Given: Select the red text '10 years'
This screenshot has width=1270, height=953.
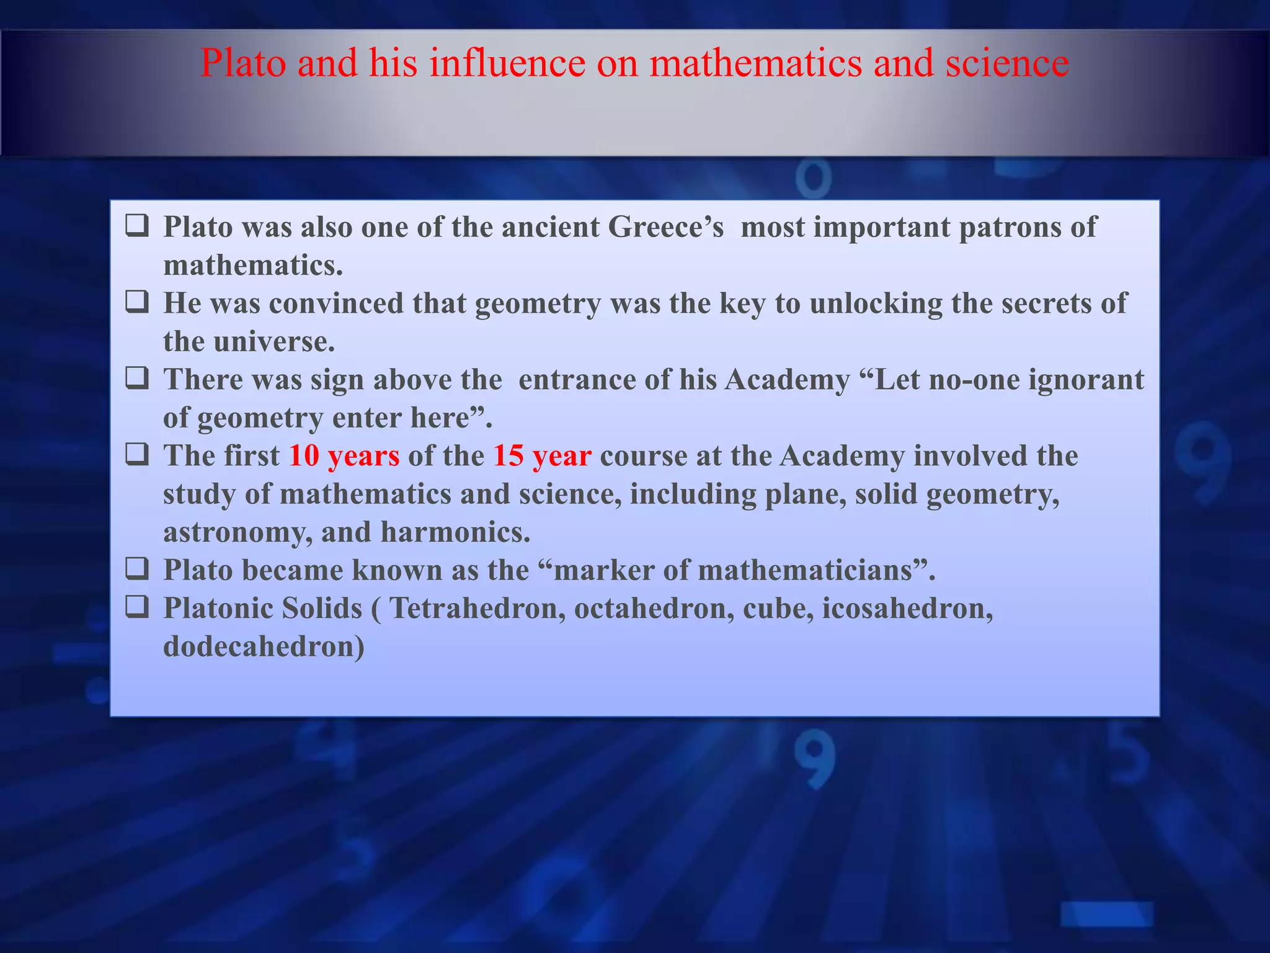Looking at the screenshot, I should (344, 456).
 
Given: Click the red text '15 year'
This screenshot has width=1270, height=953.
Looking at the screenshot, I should (542, 456).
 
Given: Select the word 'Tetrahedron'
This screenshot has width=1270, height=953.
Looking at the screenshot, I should (477, 609).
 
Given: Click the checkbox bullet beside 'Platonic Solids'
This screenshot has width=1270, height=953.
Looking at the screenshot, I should (137, 607).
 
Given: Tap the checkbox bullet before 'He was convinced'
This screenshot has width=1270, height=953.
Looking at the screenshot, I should (137, 302).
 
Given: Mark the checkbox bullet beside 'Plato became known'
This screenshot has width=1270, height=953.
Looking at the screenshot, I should (137, 569).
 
